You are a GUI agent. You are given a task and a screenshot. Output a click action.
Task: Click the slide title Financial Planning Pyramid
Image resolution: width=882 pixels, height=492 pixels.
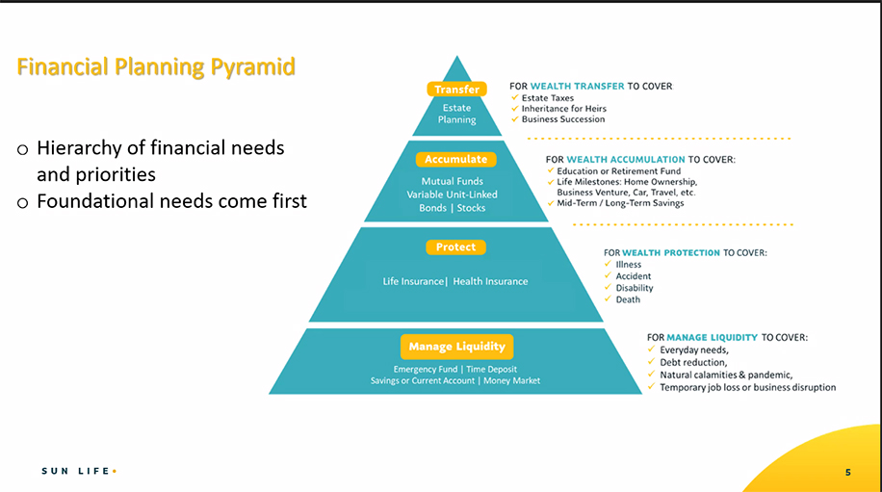[156, 67]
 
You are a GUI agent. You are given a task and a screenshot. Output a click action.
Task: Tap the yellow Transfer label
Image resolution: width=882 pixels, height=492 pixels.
[456, 90]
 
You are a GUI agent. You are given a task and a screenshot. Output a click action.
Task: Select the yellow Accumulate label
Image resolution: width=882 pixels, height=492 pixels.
[455, 159]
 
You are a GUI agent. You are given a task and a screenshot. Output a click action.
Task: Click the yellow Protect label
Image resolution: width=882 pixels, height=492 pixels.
[455, 247]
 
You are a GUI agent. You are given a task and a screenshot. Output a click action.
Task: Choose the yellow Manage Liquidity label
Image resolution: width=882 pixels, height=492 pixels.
[456, 347]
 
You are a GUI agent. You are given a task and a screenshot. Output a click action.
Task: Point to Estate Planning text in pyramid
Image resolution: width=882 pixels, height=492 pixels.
[457, 114]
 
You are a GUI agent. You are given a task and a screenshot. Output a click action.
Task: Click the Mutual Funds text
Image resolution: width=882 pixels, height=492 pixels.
[453, 181]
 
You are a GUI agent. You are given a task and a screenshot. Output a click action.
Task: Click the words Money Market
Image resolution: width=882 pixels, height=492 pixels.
[511, 380]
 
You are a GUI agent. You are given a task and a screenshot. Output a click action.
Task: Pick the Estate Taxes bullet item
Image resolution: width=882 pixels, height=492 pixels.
[548, 98]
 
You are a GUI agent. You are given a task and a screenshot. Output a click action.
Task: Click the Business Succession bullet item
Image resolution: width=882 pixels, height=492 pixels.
[563, 119]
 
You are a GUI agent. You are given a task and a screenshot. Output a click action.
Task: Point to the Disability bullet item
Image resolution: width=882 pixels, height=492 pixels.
[635, 288]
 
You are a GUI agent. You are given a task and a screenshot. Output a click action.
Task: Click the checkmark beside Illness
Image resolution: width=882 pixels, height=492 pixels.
[607, 264]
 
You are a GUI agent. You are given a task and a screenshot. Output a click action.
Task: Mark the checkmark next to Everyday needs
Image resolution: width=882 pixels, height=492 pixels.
[652, 350]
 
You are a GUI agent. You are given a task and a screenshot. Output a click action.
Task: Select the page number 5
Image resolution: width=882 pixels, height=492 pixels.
[847, 472]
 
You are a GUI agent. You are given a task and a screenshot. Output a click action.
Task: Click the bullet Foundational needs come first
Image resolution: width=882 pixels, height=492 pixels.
[171, 201]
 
